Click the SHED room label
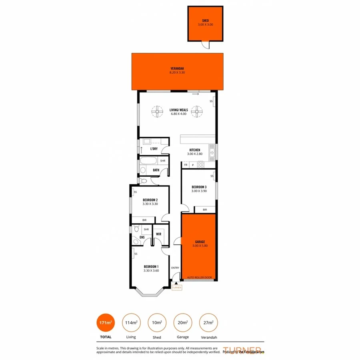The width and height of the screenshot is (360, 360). (x=205, y=21)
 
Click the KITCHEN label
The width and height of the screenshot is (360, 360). (x=195, y=150)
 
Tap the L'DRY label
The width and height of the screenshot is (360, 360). (x=154, y=149)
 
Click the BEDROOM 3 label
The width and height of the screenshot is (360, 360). (x=199, y=187)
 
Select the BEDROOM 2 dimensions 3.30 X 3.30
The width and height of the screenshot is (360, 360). (x=150, y=204)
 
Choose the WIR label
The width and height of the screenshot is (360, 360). (x=158, y=234)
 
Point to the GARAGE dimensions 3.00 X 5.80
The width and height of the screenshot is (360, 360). (x=200, y=246)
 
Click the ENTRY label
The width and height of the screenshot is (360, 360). (x=175, y=268)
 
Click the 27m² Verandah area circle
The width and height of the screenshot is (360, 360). (x=208, y=323)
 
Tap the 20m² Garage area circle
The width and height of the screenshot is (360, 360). (x=182, y=323)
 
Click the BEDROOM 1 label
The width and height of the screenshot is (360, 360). (x=151, y=266)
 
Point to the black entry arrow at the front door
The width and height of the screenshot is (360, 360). (x=176, y=283)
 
